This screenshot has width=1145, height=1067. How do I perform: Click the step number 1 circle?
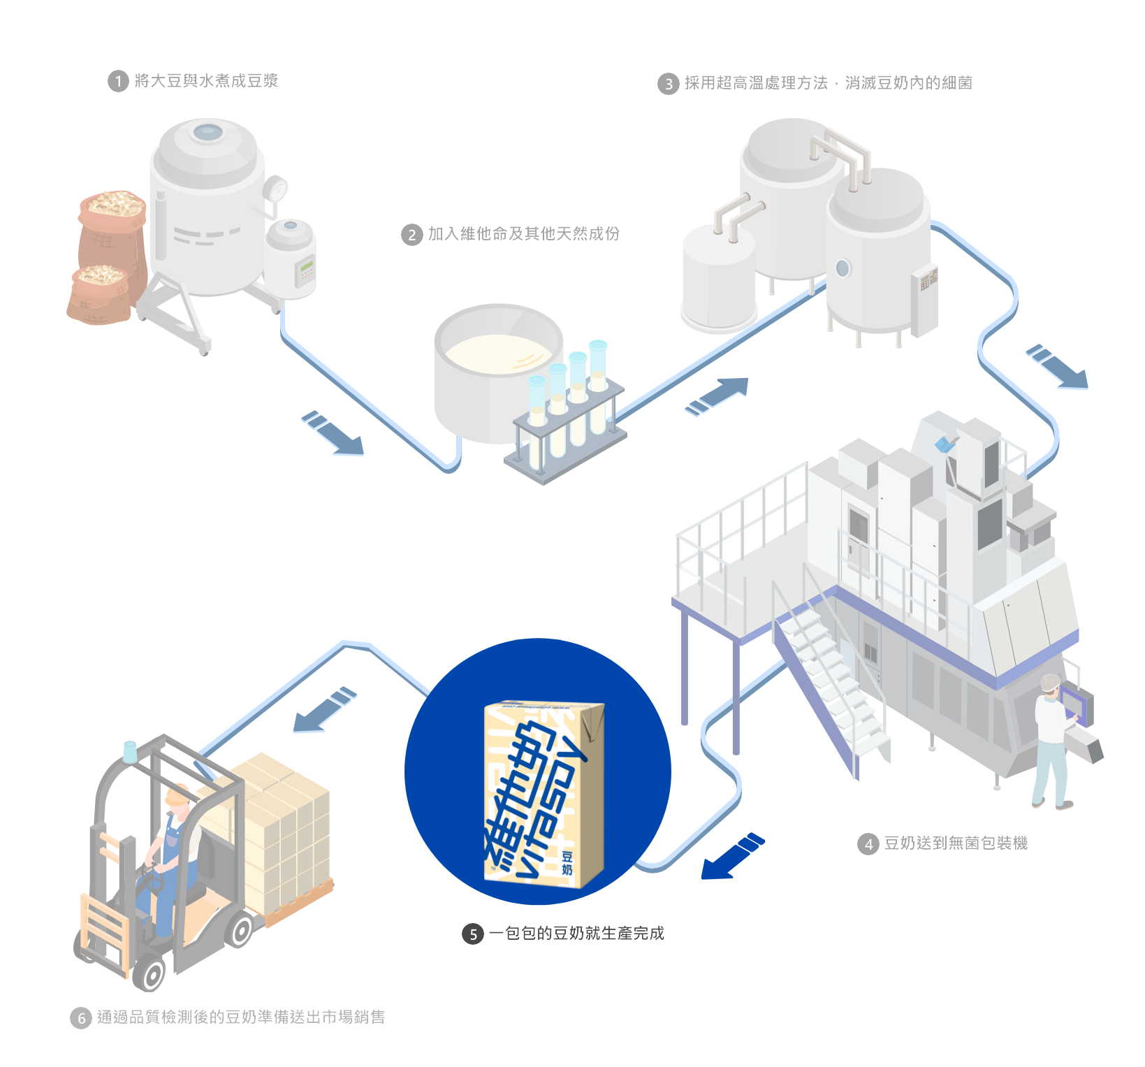[118, 82]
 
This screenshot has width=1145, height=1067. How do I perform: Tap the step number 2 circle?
[411, 235]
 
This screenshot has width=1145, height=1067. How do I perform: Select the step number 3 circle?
[669, 85]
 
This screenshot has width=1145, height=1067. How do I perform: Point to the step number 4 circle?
[868, 844]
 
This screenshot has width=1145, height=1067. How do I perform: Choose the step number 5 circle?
[473, 934]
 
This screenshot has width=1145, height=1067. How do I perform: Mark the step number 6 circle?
[81, 1018]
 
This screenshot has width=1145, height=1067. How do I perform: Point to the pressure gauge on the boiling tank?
[277, 188]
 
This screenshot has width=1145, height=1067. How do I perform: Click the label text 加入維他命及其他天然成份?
[524, 233]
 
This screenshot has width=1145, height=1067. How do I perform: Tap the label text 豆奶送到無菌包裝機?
[955, 843]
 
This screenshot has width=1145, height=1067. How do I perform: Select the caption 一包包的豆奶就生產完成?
[576, 934]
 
